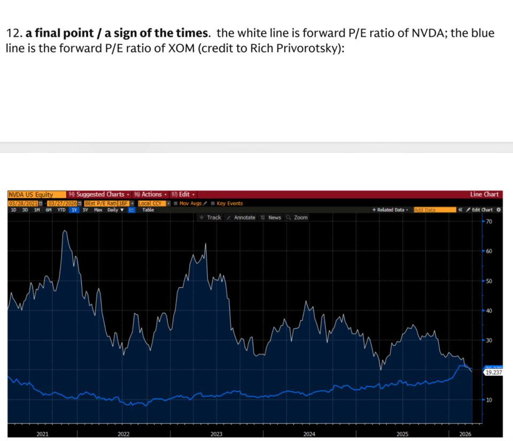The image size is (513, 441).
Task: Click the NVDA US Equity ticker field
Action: (x=30, y=195)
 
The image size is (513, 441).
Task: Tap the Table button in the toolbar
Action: (x=148, y=210)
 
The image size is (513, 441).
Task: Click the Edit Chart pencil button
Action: (x=480, y=210)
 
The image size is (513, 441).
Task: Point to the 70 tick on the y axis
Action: (x=489, y=221)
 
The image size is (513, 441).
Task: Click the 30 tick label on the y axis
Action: (x=489, y=340)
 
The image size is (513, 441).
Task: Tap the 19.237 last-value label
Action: (x=493, y=372)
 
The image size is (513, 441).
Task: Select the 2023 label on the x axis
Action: (x=216, y=434)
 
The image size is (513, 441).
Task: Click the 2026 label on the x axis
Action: (x=465, y=434)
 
